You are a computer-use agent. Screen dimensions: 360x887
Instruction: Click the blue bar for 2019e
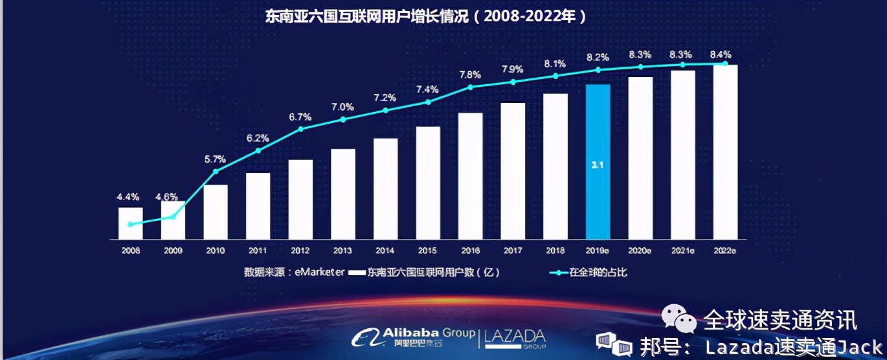point(598,161)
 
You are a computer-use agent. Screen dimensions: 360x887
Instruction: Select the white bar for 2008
point(131,223)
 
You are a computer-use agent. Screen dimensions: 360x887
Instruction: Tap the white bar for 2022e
point(725,152)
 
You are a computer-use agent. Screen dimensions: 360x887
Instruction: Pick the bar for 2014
point(386,188)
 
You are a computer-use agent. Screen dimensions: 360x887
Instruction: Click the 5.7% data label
point(216,159)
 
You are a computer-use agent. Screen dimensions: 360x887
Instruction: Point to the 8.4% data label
point(725,54)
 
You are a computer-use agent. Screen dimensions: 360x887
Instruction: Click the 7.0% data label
point(343,107)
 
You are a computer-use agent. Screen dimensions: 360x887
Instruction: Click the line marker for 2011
point(258,151)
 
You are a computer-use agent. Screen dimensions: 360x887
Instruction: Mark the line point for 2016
point(471,87)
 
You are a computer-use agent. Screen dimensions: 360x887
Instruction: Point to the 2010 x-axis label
point(216,249)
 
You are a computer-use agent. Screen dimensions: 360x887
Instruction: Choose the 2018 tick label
point(555,249)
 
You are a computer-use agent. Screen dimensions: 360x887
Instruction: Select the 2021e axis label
point(683,249)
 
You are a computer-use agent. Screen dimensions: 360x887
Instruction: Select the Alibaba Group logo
point(414,337)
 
